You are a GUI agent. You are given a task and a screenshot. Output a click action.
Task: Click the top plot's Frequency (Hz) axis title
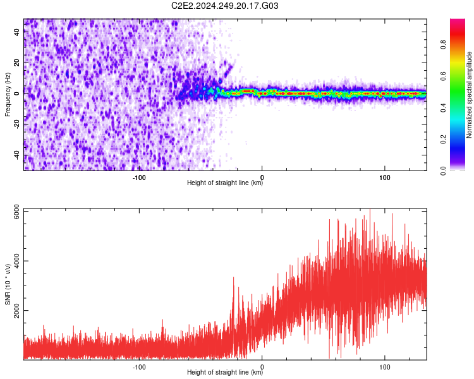tap(8, 95)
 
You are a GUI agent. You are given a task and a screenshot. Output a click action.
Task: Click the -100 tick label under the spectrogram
tap(139, 176)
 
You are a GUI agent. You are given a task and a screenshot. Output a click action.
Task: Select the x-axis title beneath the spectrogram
tap(225, 183)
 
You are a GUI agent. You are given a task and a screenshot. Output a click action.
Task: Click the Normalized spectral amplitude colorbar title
tap(470, 95)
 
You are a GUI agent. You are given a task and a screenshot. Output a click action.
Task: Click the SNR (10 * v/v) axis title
tap(8, 284)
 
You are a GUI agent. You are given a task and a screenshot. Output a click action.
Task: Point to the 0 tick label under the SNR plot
tap(262, 366)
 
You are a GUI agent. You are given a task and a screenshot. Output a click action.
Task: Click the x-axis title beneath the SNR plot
tap(225, 373)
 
